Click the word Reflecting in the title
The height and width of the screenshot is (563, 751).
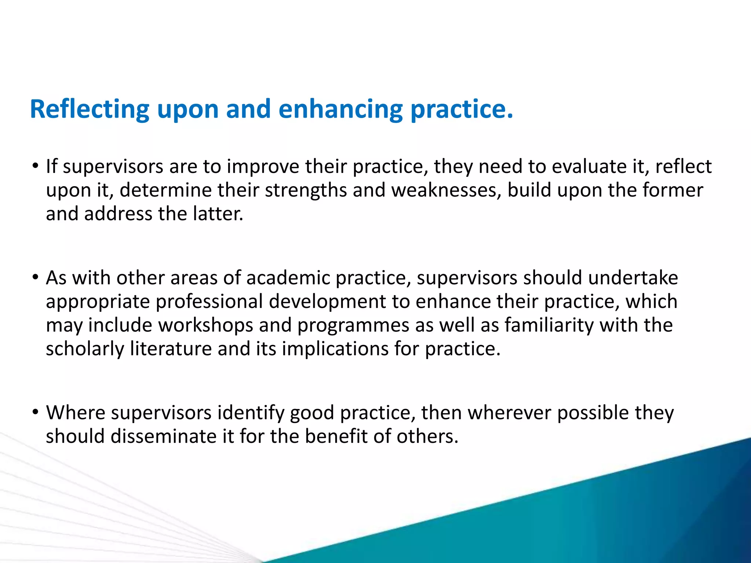tap(89, 109)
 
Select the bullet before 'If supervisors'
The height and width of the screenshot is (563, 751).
tap(35, 166)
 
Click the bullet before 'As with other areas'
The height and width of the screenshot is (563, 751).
tap(35, 277)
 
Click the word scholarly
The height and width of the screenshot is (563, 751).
tap(85, 349)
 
